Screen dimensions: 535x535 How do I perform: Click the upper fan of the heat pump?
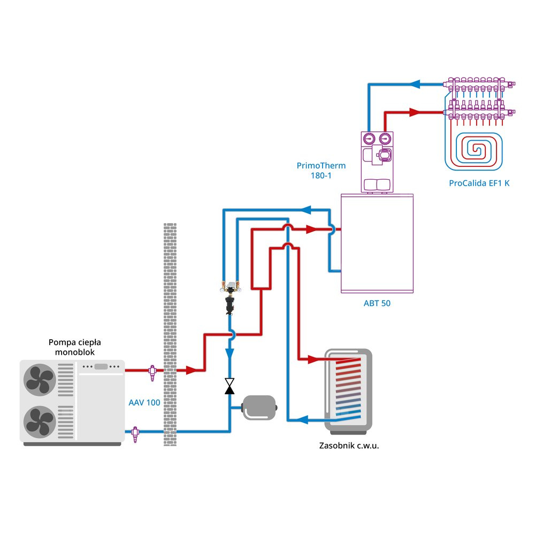tap(39, 378)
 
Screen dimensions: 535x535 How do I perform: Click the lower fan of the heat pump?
tap(39, 420)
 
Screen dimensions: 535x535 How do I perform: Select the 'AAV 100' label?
tap(144, 402)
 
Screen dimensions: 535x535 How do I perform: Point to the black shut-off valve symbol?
tap(230, 386)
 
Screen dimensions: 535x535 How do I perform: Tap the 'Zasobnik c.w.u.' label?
tap(349, 445)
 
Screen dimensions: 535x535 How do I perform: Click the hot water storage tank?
tap(348, 391)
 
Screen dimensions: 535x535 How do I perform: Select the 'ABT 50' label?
tap(378, 303)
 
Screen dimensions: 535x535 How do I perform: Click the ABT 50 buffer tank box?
tap(378, 243)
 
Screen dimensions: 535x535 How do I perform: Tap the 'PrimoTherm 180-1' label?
tap(321, 170)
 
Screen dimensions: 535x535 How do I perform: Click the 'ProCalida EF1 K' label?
tap(479, 183)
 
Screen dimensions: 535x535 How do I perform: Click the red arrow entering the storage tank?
tap(312, 358)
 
